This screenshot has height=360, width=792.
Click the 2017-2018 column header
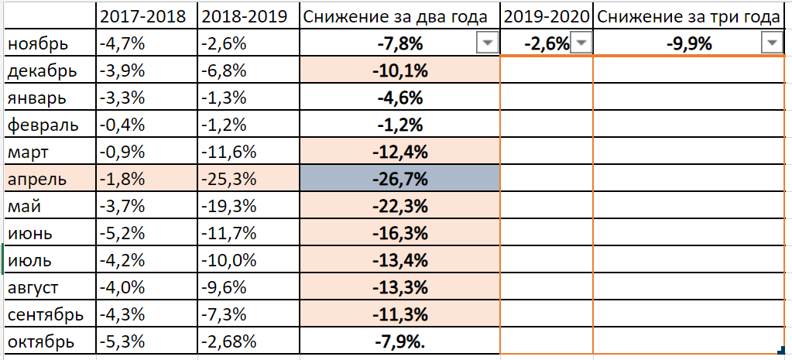[143, 16]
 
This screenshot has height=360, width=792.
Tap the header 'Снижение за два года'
[396, 16]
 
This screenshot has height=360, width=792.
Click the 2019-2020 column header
[546, 16]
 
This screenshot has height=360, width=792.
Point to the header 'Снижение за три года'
[688, 16]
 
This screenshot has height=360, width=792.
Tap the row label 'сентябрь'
[46, 315]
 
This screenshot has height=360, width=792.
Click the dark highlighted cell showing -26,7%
[400, 180]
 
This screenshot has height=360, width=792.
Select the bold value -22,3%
[400, 207]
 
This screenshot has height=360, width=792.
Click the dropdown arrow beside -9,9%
[772, 44]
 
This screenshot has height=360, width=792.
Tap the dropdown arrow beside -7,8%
[486, 44]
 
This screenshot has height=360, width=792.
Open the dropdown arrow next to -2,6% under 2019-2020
[581, 44]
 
